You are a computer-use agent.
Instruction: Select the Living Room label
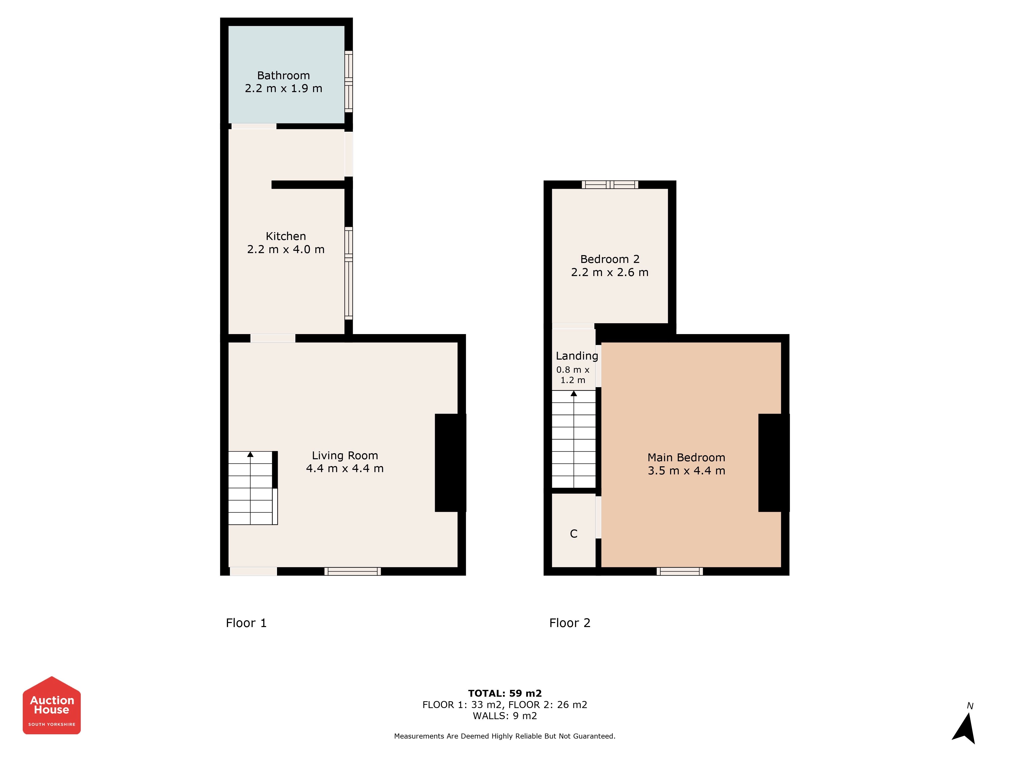pos(345,455)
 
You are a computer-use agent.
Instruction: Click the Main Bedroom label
pos(686,458)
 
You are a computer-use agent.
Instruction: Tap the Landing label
pos(577,356)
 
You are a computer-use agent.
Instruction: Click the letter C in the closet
pos(574,534)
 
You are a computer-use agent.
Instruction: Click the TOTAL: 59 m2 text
pos(505,694)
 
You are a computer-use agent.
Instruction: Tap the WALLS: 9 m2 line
pos(505,716)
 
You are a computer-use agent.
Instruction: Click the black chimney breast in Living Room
pos(450,463)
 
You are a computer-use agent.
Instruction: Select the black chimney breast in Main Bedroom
pos(773,463)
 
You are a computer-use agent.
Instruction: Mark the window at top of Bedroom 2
pos(610,185)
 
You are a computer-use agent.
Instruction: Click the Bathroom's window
pos(348,82)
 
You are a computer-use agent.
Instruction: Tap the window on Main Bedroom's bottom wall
pos(680,571)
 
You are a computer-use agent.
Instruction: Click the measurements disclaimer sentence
pos(505,736)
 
